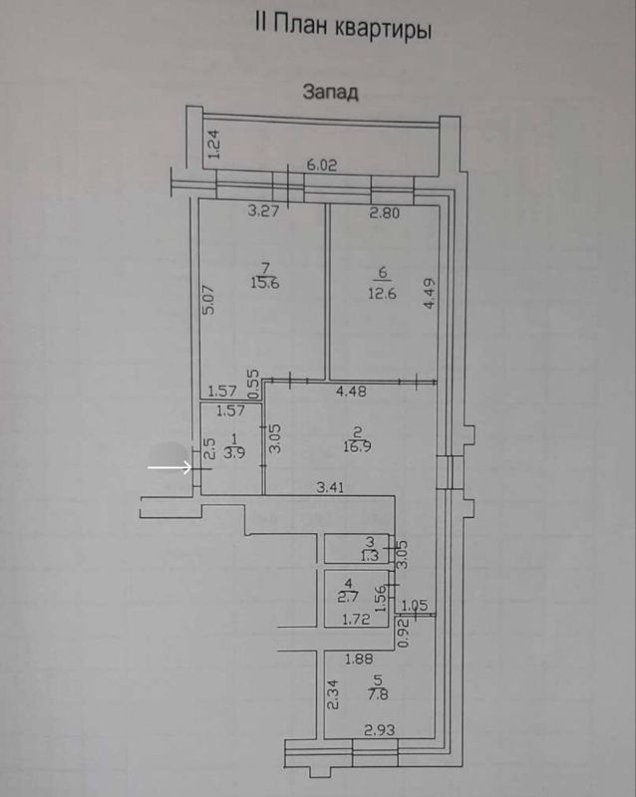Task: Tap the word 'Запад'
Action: coord(330,93)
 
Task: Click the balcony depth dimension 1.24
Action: coord(212,145)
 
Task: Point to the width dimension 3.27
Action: coord(263,210)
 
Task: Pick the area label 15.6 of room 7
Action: coord(265,283)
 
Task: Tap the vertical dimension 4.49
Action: coord(430,294)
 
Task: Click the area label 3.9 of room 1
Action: coord(235,451)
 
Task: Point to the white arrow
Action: coord(169,465)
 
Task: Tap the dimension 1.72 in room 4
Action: coord(356,620)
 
